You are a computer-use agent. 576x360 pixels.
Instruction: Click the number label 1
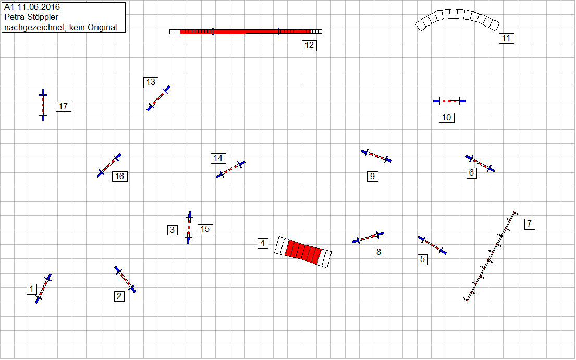pyautogui.click(x=32, y=289)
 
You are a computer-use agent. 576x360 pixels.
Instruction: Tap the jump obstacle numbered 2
pyautogui.click(x=125, y=279)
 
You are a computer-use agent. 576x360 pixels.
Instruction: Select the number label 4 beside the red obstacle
pyautogui.click(x=263, y=243)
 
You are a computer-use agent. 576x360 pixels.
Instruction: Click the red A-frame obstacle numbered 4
pyautogui.click(x=303, y=252)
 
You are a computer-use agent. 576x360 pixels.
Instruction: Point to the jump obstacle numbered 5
pyautogui.click(x=432, y=245)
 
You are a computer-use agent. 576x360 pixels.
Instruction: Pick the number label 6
pyautogui.click(x=472, y=173)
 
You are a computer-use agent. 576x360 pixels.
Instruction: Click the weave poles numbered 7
pyautogui.click(x=490, y=256)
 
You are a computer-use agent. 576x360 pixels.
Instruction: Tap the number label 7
pyautogui.click(x=530, y=224)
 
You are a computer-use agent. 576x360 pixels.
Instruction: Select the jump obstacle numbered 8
pyautogui.click(x=368, y=237)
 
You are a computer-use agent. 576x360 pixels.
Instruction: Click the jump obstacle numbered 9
pyautogui.click(x=376, y=156)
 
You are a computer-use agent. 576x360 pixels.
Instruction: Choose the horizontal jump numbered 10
pyautogui.click(x=449, y=101)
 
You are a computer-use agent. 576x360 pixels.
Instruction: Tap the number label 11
pyautogui.click(x=506, y=38)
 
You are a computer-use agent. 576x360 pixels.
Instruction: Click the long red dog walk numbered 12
pyautogui.click(x=246, y=32)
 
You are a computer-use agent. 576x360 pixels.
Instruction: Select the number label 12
pyautogui.click(x=309, y=45)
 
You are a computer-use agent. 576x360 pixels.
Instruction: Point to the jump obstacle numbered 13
pyautogui.click(x=158, y=98)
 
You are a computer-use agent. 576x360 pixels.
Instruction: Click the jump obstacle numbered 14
pyautogui.click(x=230, y=169)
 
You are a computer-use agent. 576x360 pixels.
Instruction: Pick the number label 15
pyautogui.click(x=205, y=229)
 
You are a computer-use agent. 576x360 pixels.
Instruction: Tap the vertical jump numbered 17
pyautogui.click(x=43, y=105)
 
